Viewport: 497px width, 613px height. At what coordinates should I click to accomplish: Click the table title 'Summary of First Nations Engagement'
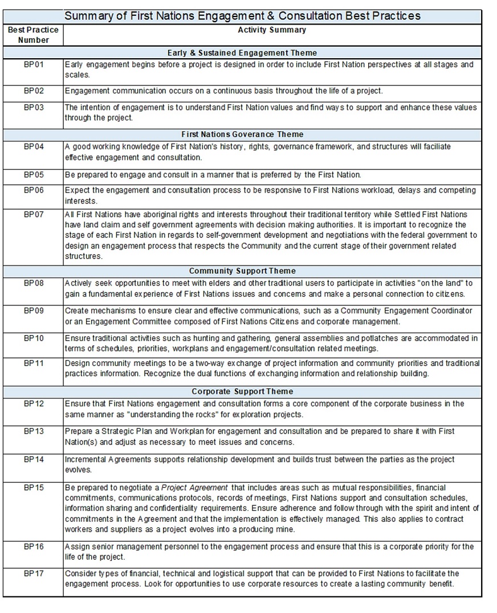pos(242,16)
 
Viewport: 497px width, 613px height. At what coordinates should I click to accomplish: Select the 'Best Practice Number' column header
pos(33,35)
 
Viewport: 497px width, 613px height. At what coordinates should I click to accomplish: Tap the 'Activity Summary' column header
pos(271,30)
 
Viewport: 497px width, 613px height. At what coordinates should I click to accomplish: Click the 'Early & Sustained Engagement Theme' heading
pos(242,53)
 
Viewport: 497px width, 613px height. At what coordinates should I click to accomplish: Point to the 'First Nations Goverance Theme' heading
pos(242,134)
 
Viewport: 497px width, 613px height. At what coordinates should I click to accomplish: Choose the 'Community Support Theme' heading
pos(242,271)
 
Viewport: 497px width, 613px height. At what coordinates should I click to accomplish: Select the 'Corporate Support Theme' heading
pos(242,391)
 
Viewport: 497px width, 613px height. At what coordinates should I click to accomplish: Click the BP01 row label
pos(34,64)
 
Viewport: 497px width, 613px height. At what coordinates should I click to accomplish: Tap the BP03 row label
pos(34,107)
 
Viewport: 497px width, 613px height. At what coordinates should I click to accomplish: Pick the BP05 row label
pos(34,175)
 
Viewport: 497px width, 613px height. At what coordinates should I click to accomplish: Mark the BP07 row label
pos(34,214)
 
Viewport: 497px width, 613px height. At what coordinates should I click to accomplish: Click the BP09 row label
pos(34,310)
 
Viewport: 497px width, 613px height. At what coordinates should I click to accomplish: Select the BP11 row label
pos(34,363)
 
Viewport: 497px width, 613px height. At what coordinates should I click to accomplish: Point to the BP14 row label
pos(34,459)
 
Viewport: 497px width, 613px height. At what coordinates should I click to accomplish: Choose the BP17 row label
pos(34,573)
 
